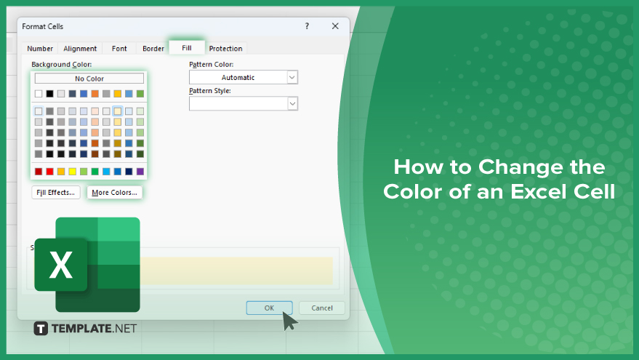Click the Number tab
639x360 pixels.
click(39, 48)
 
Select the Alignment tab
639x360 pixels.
click(80, 48)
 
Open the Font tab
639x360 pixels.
click(119, 48)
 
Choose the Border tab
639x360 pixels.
click(153, 48)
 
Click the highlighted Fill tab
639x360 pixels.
click(187, 47)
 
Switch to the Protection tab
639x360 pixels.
click(225, 48)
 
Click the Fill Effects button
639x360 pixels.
click(56, 193)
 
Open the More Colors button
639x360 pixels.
click(115, 193)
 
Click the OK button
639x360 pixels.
click(270, 308)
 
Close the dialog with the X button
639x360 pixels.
click(335, 26)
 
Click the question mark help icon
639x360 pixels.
click(307, 26)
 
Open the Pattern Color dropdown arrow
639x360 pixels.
click(292, 77)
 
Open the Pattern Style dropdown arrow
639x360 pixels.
click(292, 103)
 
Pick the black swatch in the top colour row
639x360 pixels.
click(49, 94)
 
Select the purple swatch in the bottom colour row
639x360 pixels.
click(140, 172)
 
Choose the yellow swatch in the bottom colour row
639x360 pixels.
click(73, 172)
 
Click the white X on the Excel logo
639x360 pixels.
click(61, 265)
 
